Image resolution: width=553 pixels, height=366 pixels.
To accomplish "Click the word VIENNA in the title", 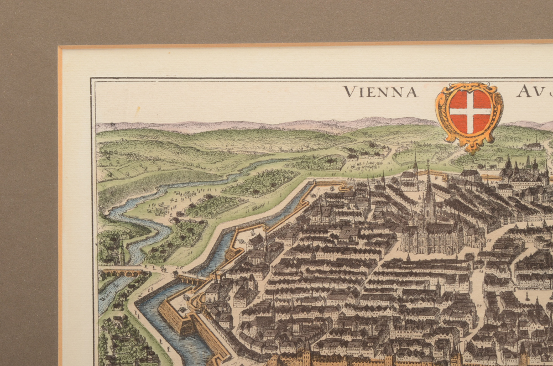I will (380, 92).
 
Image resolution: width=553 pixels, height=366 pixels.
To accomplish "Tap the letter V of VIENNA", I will (348, 92).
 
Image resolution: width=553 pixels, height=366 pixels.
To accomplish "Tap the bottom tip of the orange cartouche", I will (471, 150).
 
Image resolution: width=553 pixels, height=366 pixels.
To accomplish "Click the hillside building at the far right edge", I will (534, 145).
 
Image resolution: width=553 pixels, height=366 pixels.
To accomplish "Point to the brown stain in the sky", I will (137, 110).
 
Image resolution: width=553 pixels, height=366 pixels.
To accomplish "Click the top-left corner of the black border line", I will (92, 79).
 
